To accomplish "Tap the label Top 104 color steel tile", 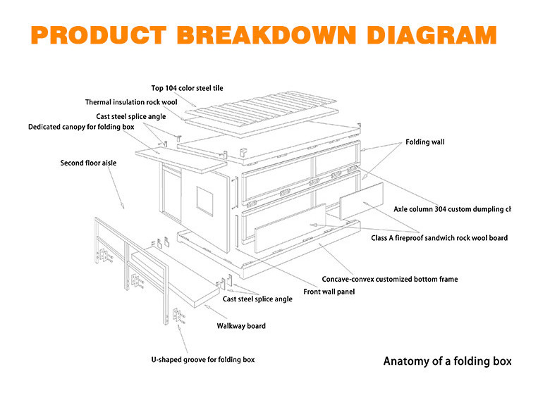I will click(187, 88).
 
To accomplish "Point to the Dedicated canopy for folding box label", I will click(81, 127).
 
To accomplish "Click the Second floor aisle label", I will click(88, 163).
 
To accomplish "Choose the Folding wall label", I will click(424, 142).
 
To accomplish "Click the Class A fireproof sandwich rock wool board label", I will click(439, 238).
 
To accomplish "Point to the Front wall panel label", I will click(329, 292).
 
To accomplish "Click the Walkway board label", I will click(240, 326).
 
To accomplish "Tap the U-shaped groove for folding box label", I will click(203, 359).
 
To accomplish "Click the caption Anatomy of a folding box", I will click(447, 361).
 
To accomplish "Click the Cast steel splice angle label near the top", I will click(131, 116).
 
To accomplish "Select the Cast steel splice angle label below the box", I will click(257, 299).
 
